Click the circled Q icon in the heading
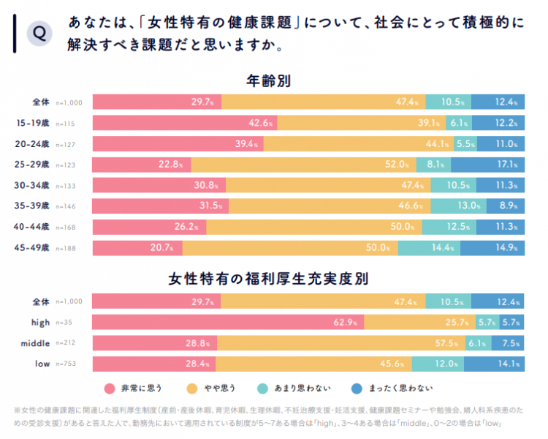coord(39,34)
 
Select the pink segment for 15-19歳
coord(184,123)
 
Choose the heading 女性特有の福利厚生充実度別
coord(270,279)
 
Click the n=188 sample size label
coord(69,249)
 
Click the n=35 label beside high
coord(67,323)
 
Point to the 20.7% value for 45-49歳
coord(162,248)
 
